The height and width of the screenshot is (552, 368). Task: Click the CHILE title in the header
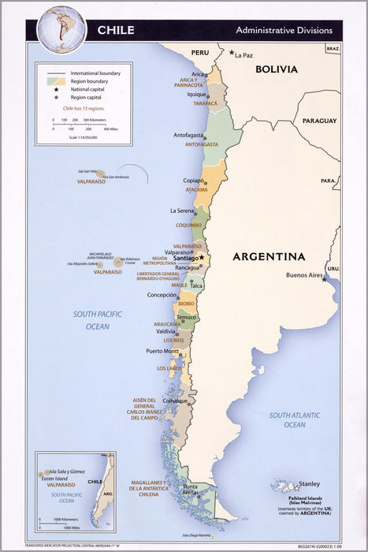115,30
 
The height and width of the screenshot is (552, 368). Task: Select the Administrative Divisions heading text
284,30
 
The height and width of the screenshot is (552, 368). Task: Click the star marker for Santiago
201,257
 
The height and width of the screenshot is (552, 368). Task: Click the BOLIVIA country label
275,69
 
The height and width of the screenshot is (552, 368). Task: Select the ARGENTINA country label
269,256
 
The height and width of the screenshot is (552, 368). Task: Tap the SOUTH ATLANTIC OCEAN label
295,420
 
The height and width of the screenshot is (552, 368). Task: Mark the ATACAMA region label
196,190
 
